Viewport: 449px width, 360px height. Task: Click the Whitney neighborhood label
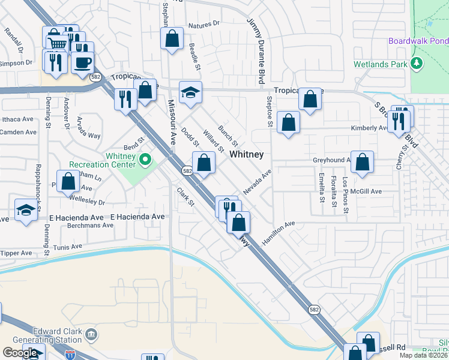(247, 154)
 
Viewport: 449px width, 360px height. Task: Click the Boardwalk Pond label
(418, 41)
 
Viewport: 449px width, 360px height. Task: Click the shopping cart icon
(57, 44)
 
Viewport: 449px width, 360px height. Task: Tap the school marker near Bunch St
(191, 93)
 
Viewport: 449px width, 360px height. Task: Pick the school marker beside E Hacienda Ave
(25, 211)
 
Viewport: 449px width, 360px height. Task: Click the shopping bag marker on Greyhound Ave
(363, 162)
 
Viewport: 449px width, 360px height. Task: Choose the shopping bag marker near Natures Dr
(172, 39)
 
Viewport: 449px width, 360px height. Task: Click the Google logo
(20, 353)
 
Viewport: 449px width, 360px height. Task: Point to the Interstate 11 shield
(71, 355)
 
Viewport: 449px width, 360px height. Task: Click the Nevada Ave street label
(258, 181)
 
